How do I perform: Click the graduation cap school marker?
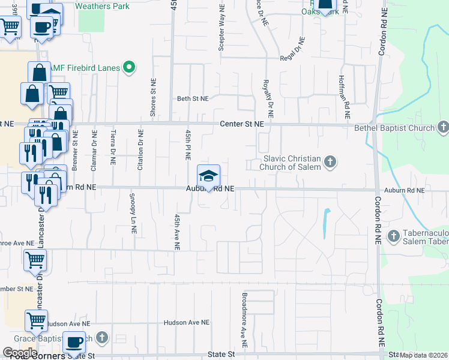point(208,176)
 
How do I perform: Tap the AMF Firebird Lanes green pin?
point(128,68)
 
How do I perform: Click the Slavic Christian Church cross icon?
point(330,162)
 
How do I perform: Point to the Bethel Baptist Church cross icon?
point(443,127)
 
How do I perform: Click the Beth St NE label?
point(192,98)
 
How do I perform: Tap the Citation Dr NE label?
point(140,150)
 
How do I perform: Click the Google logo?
point(19,352)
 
